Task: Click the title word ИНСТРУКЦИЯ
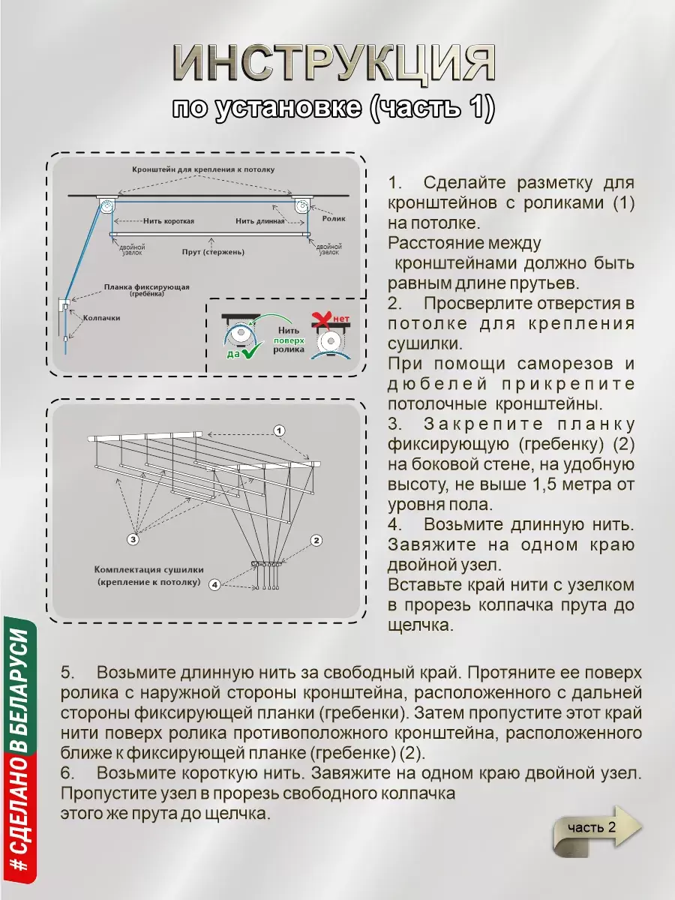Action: pos(334,64)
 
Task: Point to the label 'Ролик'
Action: pos(334,218)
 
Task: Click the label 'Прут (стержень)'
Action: pos(214,252)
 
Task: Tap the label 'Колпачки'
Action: pos(101,317)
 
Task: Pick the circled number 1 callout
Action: pos(278,430)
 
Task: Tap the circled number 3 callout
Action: pos(133,538)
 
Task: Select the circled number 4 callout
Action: pos(214,584)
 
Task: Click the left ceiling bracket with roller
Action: pos(106,206)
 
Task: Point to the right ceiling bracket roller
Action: pos(303,207)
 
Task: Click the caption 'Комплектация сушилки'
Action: pos(149,570)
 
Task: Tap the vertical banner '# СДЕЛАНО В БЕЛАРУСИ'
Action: pos(20,750)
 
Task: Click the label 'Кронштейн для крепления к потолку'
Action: pos(204,169)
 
